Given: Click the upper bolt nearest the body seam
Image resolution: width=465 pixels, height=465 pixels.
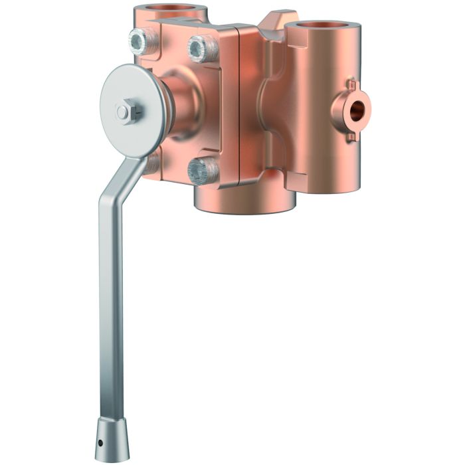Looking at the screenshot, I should click(201, 48).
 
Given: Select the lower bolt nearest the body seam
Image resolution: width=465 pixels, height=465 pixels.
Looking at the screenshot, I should click(202, 171).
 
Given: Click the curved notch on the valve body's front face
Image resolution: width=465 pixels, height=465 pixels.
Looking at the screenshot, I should click(262, 110).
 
